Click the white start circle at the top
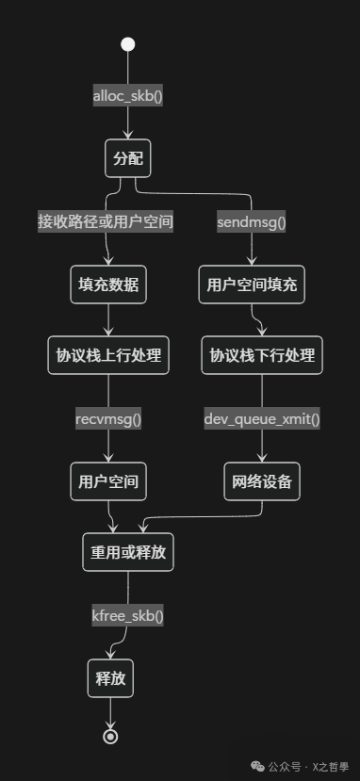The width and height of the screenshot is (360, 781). click(x=128, y=43)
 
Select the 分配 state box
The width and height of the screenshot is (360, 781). click(x=128, y=158)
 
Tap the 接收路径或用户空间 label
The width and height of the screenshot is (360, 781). click(x=106, y=221)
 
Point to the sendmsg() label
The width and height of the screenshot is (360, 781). click(x=252, y=222)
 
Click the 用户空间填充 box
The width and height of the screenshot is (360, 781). click(x=252, y=285)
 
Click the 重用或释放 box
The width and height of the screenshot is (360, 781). click(x=128, y=552)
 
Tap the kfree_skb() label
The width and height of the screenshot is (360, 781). click(x=128, y=615)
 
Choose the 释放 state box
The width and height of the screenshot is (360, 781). click(x=111, y=677)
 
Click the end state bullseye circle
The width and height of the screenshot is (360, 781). click(x=111, y=736)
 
